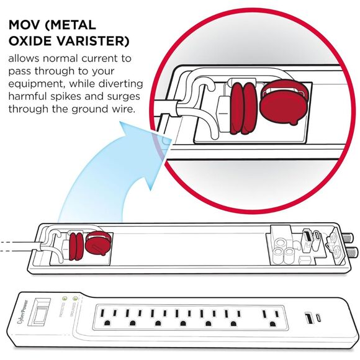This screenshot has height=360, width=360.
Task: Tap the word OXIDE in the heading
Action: [30, 42]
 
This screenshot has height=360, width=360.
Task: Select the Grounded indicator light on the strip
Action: [76, 298]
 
